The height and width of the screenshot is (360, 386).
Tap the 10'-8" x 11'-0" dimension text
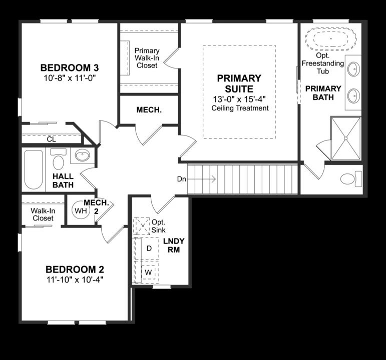point(69,78)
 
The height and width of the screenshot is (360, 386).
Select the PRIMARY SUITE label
point(239,83)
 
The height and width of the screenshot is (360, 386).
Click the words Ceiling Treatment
point(240,108)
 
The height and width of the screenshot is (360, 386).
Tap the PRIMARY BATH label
point(323,93)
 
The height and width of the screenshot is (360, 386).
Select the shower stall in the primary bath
point(346,139)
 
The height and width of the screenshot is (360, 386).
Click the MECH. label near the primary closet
point(149,109)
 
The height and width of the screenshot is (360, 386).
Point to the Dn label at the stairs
point(181,179)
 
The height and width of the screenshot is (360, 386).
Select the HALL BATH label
point(63,180)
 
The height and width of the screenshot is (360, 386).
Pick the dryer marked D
point(149,248)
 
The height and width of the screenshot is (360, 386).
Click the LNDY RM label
point(174,245)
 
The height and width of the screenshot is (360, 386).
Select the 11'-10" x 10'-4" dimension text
point(75,278)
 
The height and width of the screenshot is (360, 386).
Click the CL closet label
point(51,139)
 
